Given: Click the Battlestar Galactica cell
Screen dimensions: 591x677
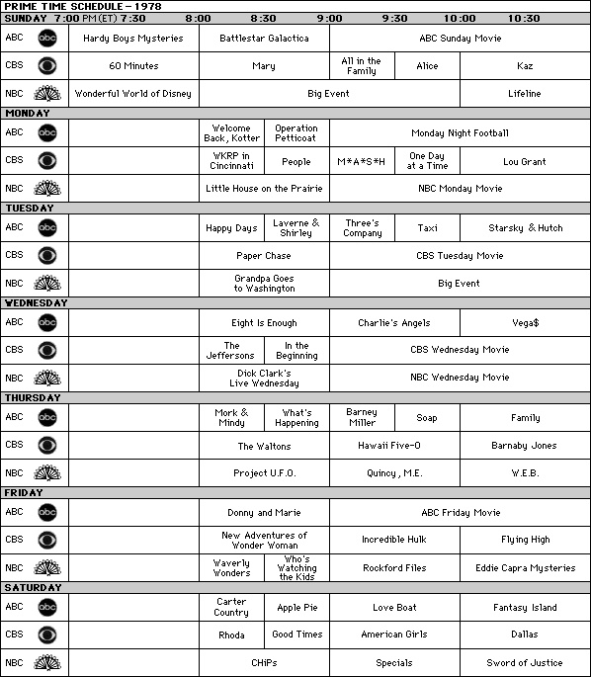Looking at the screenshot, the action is tap(264, 39).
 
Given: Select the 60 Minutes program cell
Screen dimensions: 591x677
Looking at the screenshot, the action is tap(133, 66).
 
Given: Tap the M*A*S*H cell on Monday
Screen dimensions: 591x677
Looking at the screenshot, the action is tap(361, 161).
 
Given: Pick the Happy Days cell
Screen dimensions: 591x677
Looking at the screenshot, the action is tap(231, 228).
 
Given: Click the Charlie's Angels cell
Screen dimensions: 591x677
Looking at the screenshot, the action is tap(393, 323).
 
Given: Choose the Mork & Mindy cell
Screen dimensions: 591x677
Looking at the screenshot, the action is tap(231, 417).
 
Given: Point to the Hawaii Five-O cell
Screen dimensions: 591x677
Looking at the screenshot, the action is tap(393, 446).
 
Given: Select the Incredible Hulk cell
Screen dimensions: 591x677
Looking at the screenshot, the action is tap(393, 541).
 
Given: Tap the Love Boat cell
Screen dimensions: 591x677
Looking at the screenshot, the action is tap(393, 608).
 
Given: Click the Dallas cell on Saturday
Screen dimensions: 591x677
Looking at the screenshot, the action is tap(524, 635).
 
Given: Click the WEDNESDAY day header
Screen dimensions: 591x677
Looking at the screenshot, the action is tap(36, 303).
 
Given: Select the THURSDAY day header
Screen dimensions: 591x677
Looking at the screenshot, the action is tap(33, 398).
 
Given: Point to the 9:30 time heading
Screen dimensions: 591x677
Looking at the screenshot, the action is tap(393, 18).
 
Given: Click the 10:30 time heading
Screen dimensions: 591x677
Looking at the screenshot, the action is tap(524, 18).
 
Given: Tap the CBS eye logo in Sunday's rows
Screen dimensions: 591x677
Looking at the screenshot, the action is tap(47, 66).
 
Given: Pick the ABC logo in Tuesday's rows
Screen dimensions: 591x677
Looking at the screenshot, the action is tap(47, 228).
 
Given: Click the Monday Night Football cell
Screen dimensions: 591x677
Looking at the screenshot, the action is tap(459, 133).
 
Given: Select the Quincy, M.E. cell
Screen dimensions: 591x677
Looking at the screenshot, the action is tap(393, 473).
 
